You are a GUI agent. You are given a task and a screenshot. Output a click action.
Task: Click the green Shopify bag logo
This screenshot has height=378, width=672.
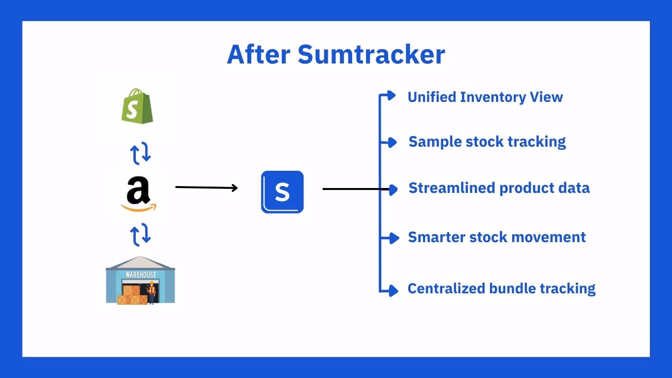click(x=137, y=106)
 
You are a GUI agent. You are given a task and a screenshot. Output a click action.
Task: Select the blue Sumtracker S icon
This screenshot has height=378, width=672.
click(x=282, y=192)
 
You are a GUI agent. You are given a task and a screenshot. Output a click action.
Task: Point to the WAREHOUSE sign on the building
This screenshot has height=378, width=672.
click(x=140, y=275)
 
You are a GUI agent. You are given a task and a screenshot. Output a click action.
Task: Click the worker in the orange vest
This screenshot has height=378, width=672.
click(x=152, y=292)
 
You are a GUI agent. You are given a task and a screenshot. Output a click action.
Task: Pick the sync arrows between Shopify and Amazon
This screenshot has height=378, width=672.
click(x=140, y=154)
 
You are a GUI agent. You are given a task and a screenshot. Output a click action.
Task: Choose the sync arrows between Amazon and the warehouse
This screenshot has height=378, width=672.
click(x=140, y=235)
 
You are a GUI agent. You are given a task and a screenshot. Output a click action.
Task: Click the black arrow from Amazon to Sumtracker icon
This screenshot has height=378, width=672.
click(x=207, y=188)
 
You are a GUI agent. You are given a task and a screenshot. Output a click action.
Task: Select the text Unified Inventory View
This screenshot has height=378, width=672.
click(x=485, y=97)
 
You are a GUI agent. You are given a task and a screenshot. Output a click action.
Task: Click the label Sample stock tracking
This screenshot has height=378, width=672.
click(x=487, y=142)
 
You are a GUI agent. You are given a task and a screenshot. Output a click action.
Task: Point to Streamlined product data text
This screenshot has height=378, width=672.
click(x=499, y=188)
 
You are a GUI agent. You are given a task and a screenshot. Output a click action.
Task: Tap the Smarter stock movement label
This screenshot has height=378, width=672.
click(x=497, y=237)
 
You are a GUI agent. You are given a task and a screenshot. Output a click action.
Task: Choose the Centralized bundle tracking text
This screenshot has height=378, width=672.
click(x=501, y=288)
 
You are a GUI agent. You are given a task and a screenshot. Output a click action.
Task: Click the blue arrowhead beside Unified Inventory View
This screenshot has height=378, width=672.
click(x=391, y=95)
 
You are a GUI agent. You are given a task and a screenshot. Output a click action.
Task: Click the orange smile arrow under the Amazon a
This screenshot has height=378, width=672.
click(x=139, y=208)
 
